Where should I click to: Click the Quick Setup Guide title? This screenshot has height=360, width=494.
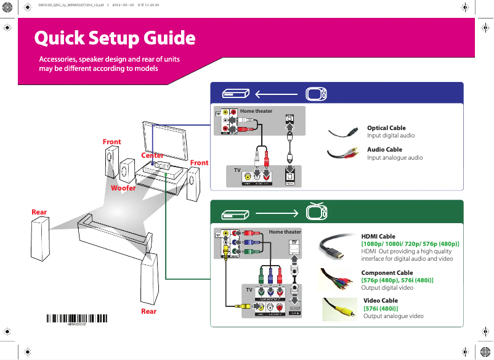click(x=115, y=38)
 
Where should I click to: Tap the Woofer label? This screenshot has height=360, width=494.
click(x=123, y=187)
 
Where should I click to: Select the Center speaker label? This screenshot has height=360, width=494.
click(x=152, y=155)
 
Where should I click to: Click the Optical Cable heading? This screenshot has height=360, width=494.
click(x=386, y=128)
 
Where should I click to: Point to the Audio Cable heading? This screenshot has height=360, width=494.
click(x=384, y=149)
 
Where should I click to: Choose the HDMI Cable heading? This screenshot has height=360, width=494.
click(x=378, y=236)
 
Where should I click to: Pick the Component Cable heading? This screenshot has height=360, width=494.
click(x=387, y=272)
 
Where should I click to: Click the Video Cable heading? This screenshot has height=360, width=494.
click(x=381, y=301)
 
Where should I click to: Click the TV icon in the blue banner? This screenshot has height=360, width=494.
click(x=316, y=94)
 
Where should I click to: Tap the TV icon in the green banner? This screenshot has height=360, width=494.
click(x=316, y=212)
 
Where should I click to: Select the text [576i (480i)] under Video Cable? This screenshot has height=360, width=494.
click(x=381, y=308)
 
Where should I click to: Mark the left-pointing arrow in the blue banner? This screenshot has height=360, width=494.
click(x=275, y=94)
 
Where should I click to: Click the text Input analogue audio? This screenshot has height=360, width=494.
click(x=395, y=157)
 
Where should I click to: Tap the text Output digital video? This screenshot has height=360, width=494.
click(x=387, y=288)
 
